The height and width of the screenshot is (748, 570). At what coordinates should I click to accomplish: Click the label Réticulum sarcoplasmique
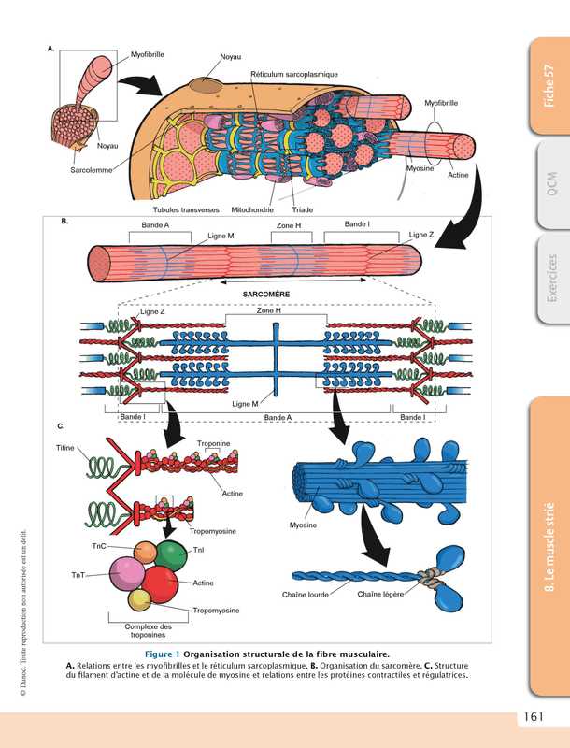294,74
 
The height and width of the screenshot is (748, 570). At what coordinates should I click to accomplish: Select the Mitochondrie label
256,209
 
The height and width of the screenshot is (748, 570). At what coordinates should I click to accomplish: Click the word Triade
303,209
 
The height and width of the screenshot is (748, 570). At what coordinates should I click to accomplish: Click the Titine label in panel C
65,448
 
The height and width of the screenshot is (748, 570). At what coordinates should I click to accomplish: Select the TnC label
98,545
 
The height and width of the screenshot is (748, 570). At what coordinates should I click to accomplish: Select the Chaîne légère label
379,593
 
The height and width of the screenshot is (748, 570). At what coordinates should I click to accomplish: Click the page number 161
534,718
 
